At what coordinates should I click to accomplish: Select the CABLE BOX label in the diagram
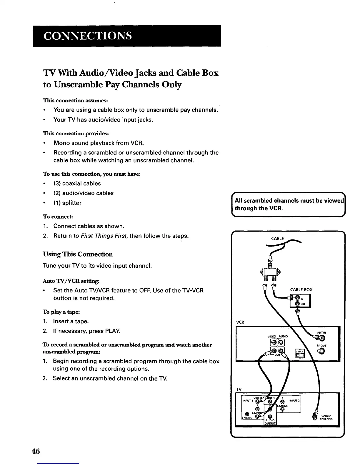coord(301,289)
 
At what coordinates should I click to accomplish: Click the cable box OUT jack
coord(297,304)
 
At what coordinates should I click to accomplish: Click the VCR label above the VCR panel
coord(240,322)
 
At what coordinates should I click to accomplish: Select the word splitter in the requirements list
coord(71,203)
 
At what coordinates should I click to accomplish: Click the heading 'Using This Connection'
coord(78,254)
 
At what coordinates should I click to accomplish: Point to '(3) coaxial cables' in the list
coord(77,184)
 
